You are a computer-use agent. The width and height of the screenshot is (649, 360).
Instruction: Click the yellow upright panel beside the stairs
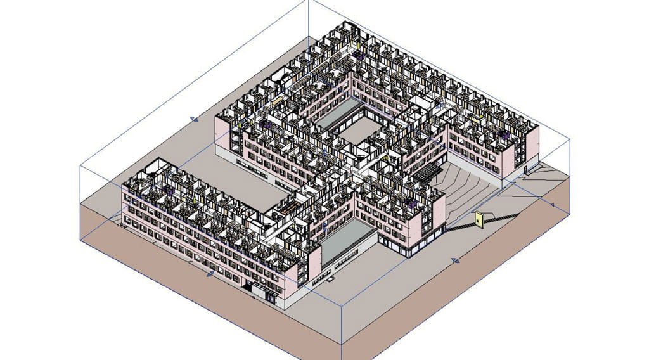(479, 220)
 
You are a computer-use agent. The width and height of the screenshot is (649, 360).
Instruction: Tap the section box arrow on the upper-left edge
(194, 119)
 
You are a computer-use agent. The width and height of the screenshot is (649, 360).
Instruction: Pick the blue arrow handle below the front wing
(210, 274)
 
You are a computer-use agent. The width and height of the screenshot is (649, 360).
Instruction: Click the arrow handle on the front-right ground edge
(454, 260)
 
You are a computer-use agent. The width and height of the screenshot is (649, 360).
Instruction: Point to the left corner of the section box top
(80, 165)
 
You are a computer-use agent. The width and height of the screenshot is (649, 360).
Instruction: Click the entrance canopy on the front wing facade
(260, 289)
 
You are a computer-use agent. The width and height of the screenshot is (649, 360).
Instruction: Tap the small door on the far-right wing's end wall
(525, 169)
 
